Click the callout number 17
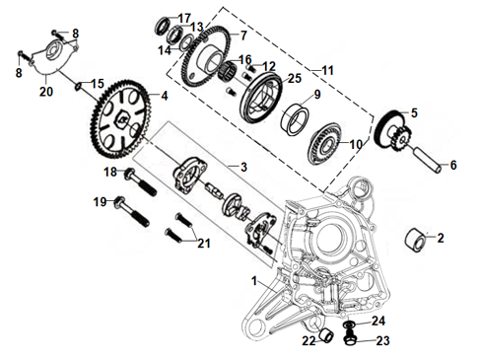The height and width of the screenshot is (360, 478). tap(184, 18)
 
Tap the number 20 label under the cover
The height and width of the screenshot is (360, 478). tap(46, 92)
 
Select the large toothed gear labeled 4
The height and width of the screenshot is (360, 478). tap(121, 118)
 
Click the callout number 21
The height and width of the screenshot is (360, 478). tap(204, 244)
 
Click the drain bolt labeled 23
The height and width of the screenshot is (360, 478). tap(350, 339)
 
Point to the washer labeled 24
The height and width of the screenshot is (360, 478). tap(350, 325)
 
